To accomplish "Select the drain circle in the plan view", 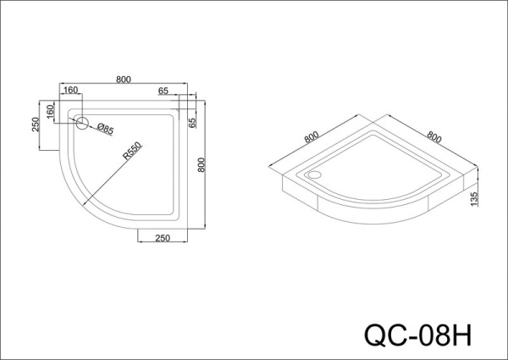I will tap(82, 123).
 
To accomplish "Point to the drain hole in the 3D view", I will tap(317, 176).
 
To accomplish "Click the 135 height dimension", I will tap(476, 199).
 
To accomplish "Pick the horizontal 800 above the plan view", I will tap(124, 80).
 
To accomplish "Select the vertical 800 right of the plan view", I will tap(201, 165).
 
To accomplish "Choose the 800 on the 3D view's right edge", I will tap(434, 136).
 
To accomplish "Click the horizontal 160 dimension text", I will tap(70, 91).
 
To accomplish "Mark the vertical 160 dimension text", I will tap(51, 111).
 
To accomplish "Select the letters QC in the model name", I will tap(381, 331).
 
